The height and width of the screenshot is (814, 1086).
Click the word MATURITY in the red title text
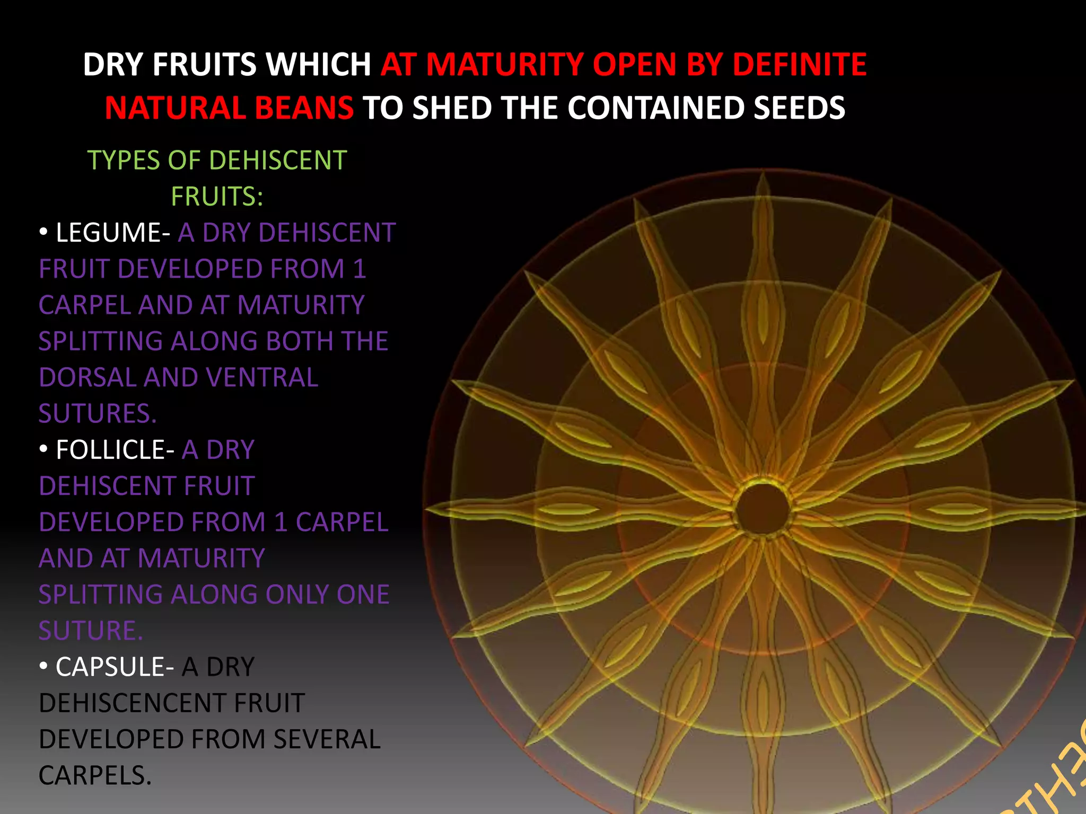click(x=505, y=65)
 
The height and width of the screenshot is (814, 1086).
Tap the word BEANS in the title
click(x=304, y=108)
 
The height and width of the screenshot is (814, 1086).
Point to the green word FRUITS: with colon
click(x=217, y=197)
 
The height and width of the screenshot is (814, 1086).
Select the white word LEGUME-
click(x=112, y=233)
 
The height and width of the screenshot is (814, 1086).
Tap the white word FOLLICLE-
click(x=115, y=450)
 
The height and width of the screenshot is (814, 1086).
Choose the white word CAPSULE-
click(x=115, y=667)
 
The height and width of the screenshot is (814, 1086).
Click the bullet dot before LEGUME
click(x=43, y=232)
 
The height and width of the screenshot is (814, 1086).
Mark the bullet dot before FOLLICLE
click(x=43, y=449)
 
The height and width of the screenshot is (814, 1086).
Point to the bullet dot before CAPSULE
click(x=43, y=666)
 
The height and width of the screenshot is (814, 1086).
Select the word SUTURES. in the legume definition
click(x=98, y=414)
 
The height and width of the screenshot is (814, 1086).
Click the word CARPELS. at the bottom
click(x=95, y=776)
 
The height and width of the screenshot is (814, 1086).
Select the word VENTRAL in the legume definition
click(x=262, y=378)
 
